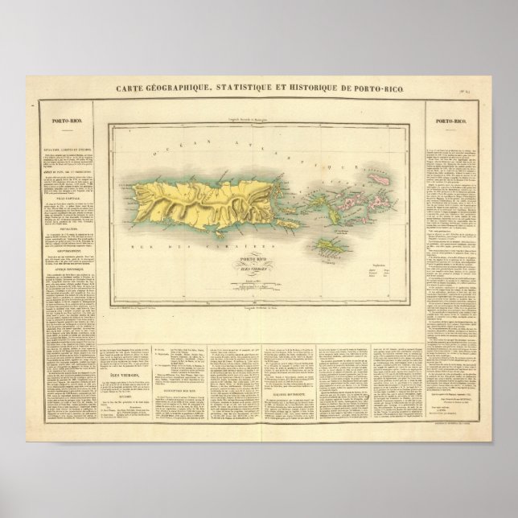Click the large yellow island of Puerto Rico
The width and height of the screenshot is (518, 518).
pos(193,197)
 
